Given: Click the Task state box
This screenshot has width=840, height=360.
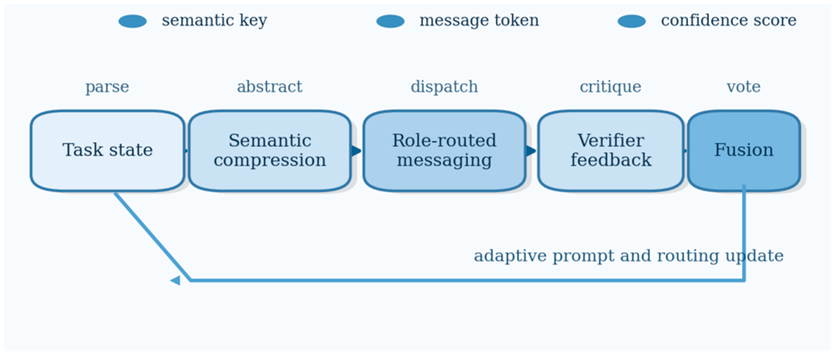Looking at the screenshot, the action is (108, 151).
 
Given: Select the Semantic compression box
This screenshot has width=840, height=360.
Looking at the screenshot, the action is (270, 151).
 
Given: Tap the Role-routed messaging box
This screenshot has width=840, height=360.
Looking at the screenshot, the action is (444, 151).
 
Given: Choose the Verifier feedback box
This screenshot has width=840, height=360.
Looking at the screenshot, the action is (611, 151).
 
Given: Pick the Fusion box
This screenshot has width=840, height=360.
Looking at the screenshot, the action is (744, 151).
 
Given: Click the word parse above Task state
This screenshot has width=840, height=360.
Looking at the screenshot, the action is (107, 87).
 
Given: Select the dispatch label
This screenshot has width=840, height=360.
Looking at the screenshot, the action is (444, 87).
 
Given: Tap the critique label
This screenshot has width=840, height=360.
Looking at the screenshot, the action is (611, 87).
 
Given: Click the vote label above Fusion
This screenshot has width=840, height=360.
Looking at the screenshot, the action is (744, 86).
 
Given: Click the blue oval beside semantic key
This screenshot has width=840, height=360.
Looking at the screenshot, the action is (133, 21).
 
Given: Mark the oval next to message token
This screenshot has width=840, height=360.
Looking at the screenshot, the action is (390, 21).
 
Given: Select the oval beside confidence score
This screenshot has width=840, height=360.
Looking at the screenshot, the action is (631, 21).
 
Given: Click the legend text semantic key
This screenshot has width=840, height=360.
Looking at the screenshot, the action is (214, 20).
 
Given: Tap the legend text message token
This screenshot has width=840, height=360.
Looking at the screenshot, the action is (479, 20).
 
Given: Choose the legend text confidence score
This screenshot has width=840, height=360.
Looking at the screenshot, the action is (729, 20).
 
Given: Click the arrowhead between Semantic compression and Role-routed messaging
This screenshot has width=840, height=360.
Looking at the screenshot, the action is (356, 151).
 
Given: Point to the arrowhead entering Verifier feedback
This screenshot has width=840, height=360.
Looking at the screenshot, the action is (531, 151).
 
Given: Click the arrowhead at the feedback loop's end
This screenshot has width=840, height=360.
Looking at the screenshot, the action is (176, 281).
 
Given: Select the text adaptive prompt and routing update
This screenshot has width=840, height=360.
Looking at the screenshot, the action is (629, 256).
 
